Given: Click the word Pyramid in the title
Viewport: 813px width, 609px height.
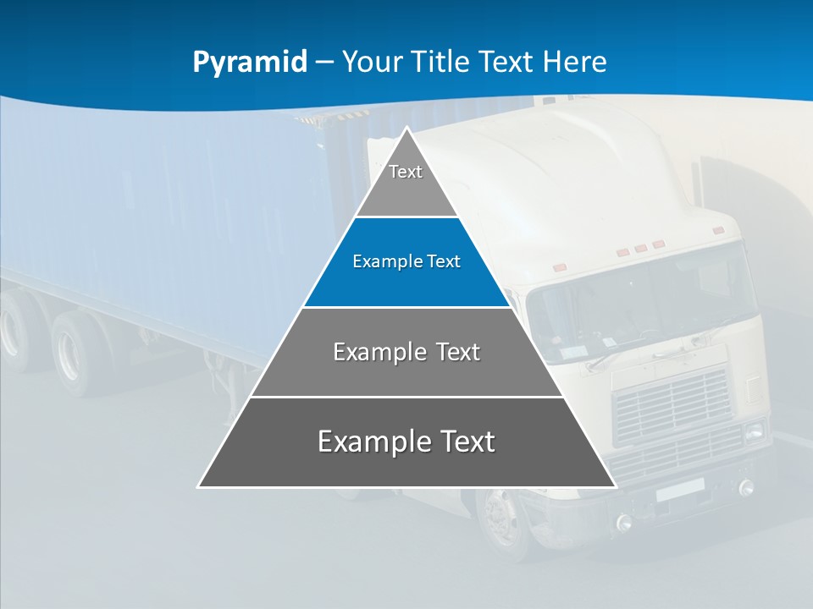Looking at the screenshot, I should pos(250,62).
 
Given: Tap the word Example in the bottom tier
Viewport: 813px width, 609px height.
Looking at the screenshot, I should pos(373,442).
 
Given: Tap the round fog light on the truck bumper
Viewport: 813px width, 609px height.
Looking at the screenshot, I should pos(746,487).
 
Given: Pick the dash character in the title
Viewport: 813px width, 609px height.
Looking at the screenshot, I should pos(324,62).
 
